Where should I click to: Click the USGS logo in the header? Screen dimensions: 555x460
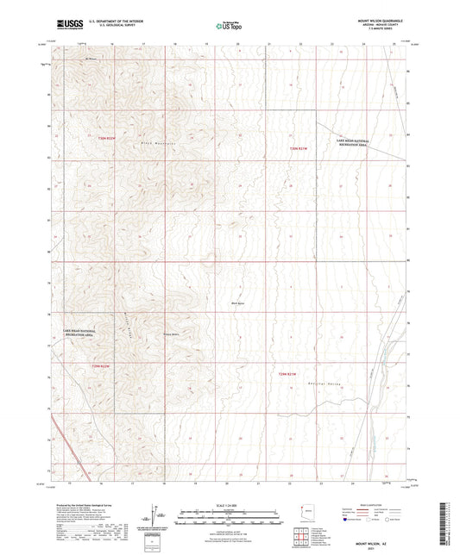[x=68, y=24]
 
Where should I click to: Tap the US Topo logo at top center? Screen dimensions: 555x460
[x=229, y=25]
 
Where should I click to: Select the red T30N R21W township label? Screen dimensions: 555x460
[x=299, y=147]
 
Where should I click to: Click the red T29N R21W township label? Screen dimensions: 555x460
[x=288, y=373]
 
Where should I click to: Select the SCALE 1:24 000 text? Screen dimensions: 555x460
[x=230, y=505]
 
